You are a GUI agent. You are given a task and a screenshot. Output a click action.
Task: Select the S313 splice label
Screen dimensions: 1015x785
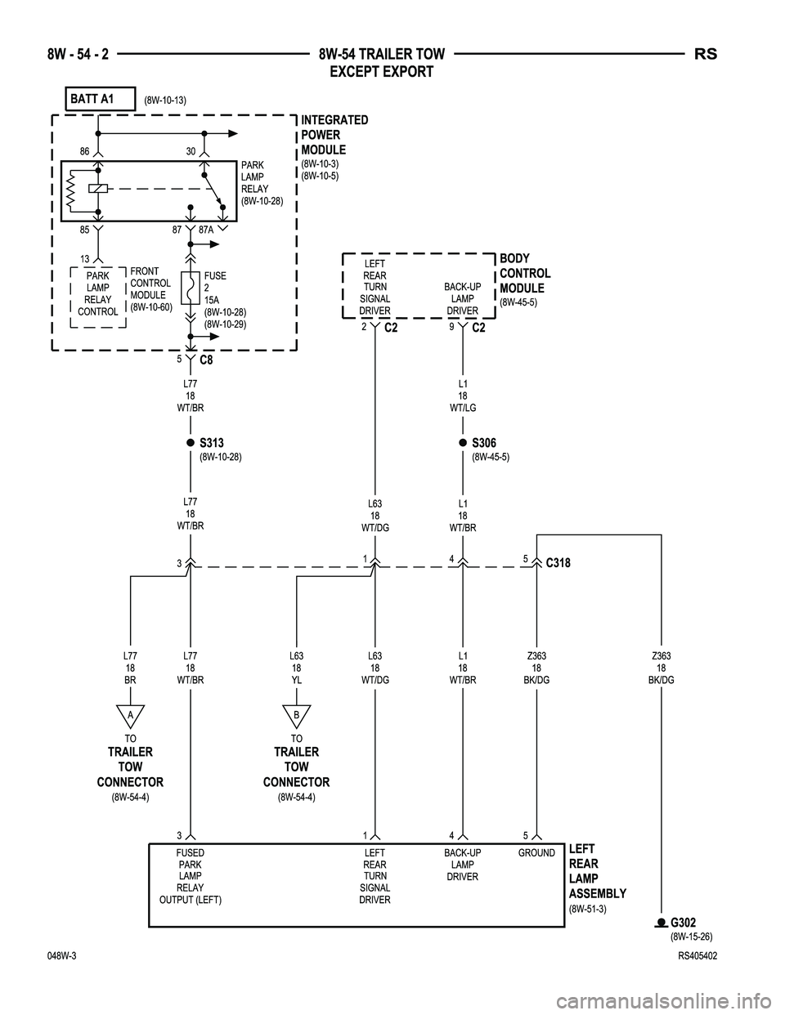click(x=213, y=444)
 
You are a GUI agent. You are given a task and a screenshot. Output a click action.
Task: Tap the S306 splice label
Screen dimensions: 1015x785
click(x=484, y=444)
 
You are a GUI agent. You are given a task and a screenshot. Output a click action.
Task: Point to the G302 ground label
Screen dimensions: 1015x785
click(x=683, y=923)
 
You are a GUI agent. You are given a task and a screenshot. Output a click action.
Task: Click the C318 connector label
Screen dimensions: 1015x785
click(x=559, y=563)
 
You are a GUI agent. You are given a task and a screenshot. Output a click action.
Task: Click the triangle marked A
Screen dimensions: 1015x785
click(x=130, y=714)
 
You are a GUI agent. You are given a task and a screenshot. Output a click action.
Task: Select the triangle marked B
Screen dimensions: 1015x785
click(x=296, y=714)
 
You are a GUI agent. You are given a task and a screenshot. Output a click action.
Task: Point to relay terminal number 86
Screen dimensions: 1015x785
click(x=84, y=151)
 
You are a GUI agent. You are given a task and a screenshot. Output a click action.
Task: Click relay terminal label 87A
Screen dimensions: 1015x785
click(x=207, y=230)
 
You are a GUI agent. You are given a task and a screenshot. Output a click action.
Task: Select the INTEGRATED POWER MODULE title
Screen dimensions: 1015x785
click(x=334, y=135)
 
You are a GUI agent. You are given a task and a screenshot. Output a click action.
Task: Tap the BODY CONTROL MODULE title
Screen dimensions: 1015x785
click(x=525, y=273)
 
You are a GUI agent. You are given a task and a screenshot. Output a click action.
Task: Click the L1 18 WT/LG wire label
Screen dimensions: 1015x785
click(x=463, y=395)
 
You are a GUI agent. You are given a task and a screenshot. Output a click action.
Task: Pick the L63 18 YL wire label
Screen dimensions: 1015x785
click(x=296, y=667)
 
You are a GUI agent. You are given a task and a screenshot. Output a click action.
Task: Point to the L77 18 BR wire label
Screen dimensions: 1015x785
click(x=130, y=667)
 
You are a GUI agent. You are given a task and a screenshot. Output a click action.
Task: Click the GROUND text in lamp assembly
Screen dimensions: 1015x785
click(x=536, y=853)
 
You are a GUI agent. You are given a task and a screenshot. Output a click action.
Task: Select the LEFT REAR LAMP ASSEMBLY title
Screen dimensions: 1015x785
click(x=597, y=871)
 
